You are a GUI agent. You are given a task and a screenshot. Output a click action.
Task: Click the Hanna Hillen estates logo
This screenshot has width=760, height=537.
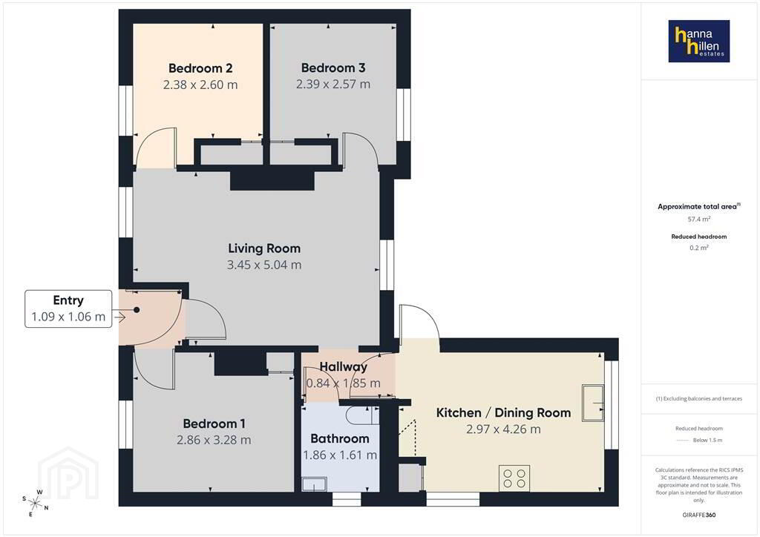click(x=698, y=41)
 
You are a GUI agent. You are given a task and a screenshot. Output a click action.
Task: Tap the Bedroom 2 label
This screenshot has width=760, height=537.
click(x=200, y=68)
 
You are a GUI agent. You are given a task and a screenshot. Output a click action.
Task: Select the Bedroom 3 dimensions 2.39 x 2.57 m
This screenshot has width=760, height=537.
click(x=333, y=85)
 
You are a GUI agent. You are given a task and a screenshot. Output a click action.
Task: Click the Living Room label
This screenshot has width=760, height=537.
click(x=264, y=248)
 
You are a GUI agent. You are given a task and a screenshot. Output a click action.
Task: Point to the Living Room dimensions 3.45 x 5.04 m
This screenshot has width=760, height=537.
click(x=264, y=265)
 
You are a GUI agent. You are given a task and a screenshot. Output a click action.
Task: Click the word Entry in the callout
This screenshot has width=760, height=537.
click(x=68, y=300)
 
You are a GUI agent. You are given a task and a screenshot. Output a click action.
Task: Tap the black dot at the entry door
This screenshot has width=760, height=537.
click(x=137, y=310)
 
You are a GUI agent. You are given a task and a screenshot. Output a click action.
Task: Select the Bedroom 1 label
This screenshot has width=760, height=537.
click(x=214, y=424)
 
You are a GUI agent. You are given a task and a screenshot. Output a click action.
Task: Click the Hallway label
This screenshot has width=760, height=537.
click(x=343, y=366)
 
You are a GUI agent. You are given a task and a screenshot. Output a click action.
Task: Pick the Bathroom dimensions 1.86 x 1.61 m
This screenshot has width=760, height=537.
click(x=340, y=455)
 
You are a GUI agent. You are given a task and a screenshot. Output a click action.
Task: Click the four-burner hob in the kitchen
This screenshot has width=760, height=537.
click(x=514, y=478)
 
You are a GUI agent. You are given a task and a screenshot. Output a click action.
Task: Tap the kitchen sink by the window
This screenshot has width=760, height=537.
click(x=593, y=403)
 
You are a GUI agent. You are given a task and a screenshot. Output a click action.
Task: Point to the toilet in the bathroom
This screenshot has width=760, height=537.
click(x=359, y=415)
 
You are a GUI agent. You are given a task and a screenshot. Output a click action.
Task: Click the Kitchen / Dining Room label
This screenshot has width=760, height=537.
click(x=503, y=412)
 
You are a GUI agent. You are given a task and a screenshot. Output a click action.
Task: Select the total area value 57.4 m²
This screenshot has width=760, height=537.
click(x=699, y=219)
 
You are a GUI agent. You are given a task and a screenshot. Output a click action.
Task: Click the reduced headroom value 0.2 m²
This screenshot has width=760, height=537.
click(x=699, y=248)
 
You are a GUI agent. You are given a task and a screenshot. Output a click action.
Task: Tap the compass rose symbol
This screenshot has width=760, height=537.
click(x=36, y=504)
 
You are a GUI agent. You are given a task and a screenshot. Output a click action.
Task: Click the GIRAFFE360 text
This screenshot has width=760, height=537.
click(x=699, y=515)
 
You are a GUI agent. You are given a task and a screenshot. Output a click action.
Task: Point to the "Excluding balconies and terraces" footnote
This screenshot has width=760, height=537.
click(x=699, y=398)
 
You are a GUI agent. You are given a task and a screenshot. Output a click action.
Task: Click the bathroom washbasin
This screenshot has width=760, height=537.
click(x=314, y=484)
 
